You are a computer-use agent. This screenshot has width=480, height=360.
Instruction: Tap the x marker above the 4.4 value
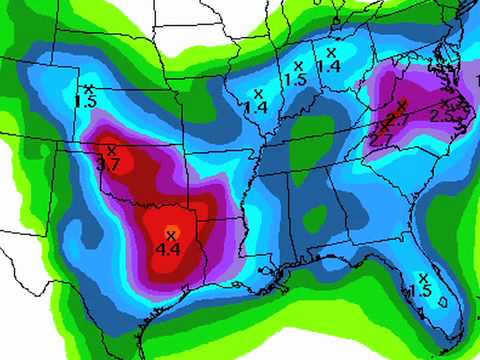(171, 234)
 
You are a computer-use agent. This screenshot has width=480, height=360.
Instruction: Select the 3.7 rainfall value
(110, 163)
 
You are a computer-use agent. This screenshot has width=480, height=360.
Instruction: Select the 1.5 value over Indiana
(295, 79)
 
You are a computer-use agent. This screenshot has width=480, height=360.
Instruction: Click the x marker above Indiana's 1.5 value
(297, 65)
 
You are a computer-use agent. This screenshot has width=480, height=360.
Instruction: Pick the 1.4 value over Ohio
(328, 65)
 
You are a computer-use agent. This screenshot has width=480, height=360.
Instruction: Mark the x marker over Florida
(422, 277)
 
